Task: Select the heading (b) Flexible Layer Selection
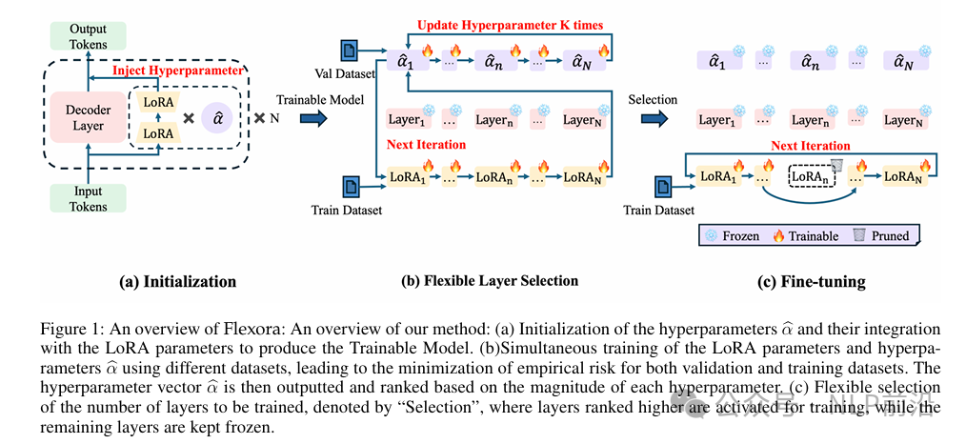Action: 490,280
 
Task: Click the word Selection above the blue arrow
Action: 653,99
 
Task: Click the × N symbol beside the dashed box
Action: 266,118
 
